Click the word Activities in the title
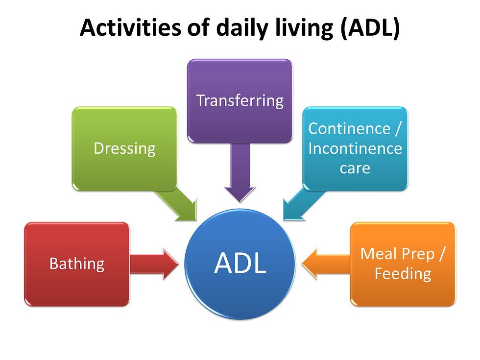(130, 27)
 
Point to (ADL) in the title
(370, 28)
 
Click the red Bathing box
(77, 264)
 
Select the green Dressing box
(124, 149)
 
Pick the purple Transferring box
(240, 101)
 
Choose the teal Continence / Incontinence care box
(355, 149)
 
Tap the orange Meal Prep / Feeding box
(403, 264)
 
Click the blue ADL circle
(240, 264)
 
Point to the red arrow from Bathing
(154, 264)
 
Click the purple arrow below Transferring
(240, 172)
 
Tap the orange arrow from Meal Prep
(326, 264)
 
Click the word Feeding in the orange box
(403, 274)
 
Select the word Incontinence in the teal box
(355, 148)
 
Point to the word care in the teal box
(355, 168)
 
